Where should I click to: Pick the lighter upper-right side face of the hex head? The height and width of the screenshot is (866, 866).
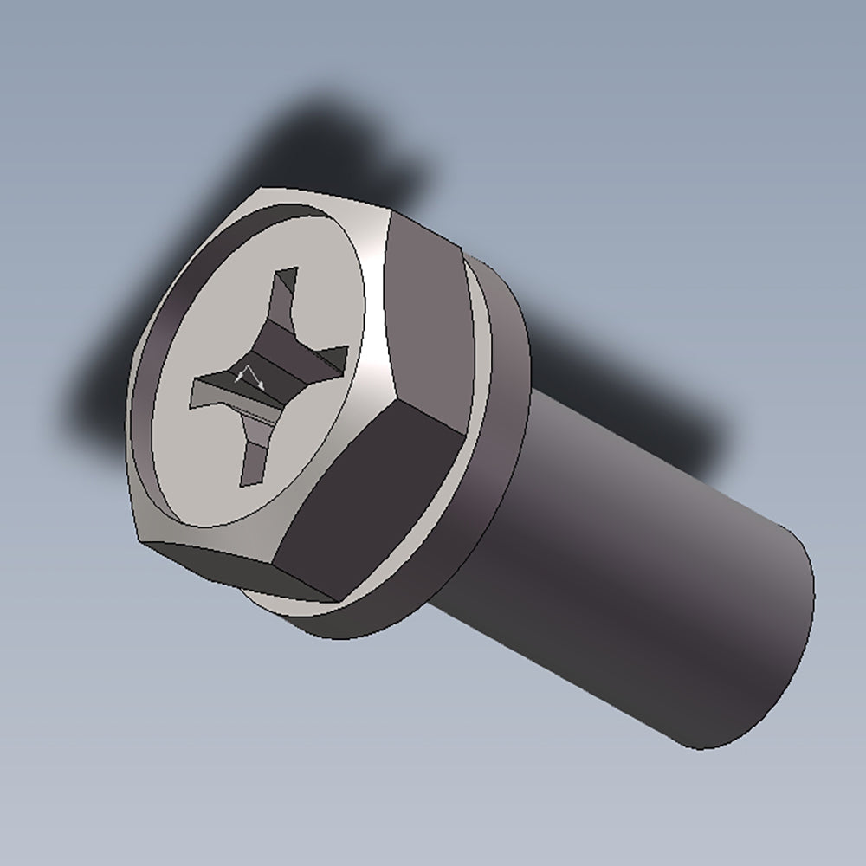(424, 312)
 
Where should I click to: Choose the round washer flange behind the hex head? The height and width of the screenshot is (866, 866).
(502, 416)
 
